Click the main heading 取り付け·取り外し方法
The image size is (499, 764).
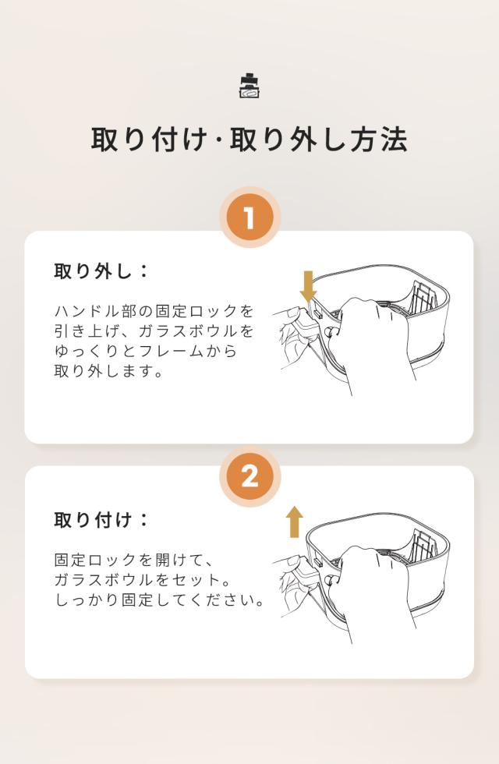(249, 140)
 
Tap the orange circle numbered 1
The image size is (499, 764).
(249, 218)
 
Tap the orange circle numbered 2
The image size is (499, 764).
(249, 476)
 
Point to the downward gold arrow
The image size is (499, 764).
(308, 287)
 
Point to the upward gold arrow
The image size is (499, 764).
(295, 522)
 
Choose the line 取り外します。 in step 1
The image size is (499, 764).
(108, 371)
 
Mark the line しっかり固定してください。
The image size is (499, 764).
(160, 600)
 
